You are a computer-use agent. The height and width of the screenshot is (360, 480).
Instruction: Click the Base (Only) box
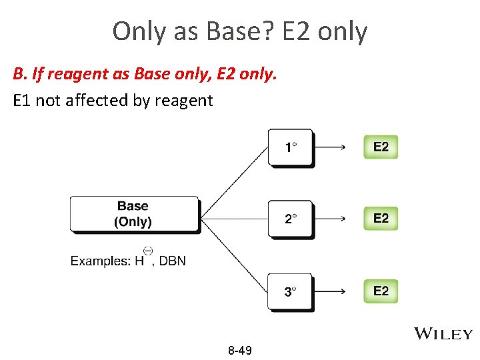pyautogui.click(x=134, y=214)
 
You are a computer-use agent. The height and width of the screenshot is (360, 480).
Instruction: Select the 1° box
pyautogui.click(x=290, y=147)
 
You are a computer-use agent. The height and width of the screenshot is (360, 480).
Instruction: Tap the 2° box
pyautogui.click(x=290, y=219)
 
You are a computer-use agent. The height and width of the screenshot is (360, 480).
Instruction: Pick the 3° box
pyautogui.click(x=290, y=291)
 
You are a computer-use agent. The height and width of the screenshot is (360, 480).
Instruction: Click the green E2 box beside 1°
pyautogui.click(x=381, y=147)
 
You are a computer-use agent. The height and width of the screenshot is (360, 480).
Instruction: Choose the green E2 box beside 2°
pyautogui.click(x=381, y=219)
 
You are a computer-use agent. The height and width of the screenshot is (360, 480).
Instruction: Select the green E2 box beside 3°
pyautogui.click(x=381, y=291)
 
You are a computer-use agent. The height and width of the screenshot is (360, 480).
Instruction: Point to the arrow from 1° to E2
pyautogui.click(x=329, y=147)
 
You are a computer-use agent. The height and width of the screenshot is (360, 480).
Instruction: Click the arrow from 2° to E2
pyautogui.click(x=329, y=219)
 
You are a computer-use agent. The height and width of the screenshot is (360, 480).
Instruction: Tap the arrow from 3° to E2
pyautogui.click(x=329, y=291)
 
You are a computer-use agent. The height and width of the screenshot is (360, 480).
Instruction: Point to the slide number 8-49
pyautogui.click(x=239, y=350)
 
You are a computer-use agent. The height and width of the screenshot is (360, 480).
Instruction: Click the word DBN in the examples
pyautogui.click(x=173, y=261)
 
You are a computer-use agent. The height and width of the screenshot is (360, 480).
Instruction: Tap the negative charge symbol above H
pyautogui.click(x=148, y=251)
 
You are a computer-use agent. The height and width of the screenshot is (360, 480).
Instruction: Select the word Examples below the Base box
pyautogui.click(x=100, y=261)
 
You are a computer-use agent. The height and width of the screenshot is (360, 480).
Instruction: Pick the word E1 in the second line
pyautogui.click(x=21, y=101)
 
